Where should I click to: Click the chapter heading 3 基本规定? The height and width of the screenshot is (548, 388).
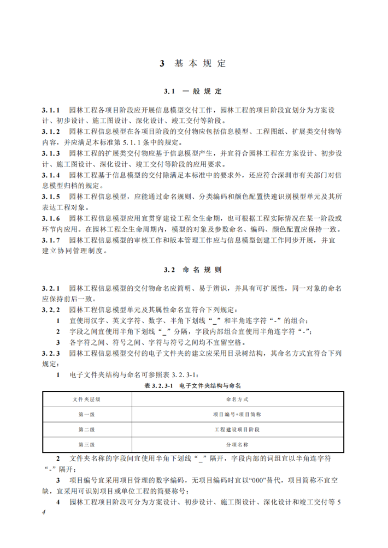pyautogui.click(x=193, y=64)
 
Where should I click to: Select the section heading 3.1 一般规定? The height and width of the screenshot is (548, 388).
pyautogui.click(x=193, y=91)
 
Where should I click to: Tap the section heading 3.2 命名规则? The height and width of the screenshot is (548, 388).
pyautogui.click(x=193, y=270)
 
